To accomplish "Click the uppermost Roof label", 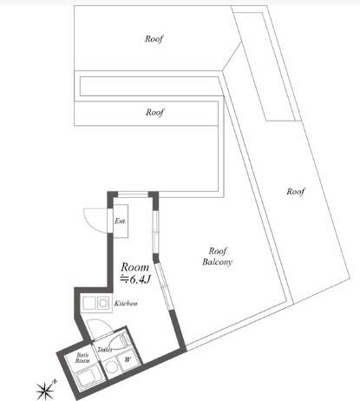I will tap(154, 39).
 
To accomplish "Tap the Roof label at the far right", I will tap(296, 191).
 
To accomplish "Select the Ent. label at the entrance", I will tap(121, 222).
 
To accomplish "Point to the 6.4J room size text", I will tap(138, 279).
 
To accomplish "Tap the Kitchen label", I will tap(126, 305).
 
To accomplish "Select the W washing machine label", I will tap(127, 358).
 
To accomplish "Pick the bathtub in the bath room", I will tap(88, 378).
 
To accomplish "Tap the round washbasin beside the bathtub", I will tap(112, 370).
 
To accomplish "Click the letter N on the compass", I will tap(54, 380).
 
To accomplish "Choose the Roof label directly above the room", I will tap(154, 112).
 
